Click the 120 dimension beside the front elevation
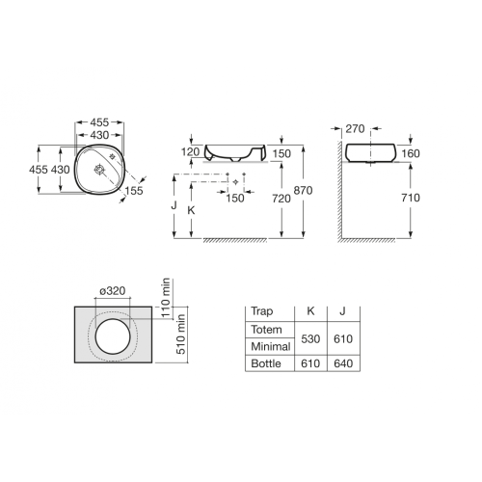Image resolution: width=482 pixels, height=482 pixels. click(189, 152)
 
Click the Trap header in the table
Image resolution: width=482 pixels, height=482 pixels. click(261, 311)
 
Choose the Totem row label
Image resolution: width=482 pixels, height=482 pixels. click(267, 330)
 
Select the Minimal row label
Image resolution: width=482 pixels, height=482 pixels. click(270, 346)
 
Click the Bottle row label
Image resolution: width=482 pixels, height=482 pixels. click(266, 365)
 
